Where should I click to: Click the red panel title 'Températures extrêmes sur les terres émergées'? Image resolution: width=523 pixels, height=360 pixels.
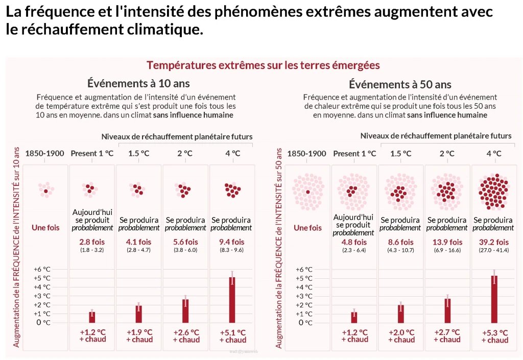(263, 65)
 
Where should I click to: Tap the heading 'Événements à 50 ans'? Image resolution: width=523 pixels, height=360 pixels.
(400, 84)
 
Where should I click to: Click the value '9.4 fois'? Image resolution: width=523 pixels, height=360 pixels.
(231, 242)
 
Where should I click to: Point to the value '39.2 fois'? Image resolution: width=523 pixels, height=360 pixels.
(495, 242)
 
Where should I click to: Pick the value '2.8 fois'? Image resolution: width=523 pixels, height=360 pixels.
(92, 242)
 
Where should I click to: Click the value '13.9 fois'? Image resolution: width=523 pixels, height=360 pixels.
(447, 242)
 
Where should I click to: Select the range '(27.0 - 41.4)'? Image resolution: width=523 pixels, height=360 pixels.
(495, 250)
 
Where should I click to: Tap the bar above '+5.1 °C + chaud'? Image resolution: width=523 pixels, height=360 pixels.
(232, 299)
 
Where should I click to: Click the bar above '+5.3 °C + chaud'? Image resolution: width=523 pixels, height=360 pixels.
(494, 299)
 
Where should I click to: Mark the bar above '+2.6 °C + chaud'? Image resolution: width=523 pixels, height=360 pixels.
(185, 310)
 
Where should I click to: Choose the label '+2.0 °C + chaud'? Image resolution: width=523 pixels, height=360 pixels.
(401, 336)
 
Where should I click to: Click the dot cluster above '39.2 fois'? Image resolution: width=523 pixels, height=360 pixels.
(494, 191)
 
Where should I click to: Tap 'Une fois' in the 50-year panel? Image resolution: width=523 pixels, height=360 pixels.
(307, 228)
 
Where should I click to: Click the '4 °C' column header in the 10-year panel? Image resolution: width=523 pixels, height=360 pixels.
(232, 153)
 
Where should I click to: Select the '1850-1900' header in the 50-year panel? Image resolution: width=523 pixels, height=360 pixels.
(306, 153)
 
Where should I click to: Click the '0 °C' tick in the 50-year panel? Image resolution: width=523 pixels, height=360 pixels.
(305, 323)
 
